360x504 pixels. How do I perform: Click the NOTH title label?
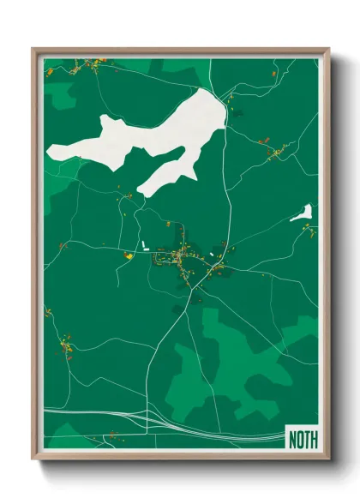(303, 440)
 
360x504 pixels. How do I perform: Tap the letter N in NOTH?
(293, 440)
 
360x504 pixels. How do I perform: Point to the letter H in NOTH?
(313, 440)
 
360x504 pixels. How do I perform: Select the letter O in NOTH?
(300, 440)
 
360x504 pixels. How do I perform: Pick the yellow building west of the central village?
(129, 255)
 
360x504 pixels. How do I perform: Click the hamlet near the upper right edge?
(276, 153)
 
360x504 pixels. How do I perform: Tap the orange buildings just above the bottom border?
(110, 441)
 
